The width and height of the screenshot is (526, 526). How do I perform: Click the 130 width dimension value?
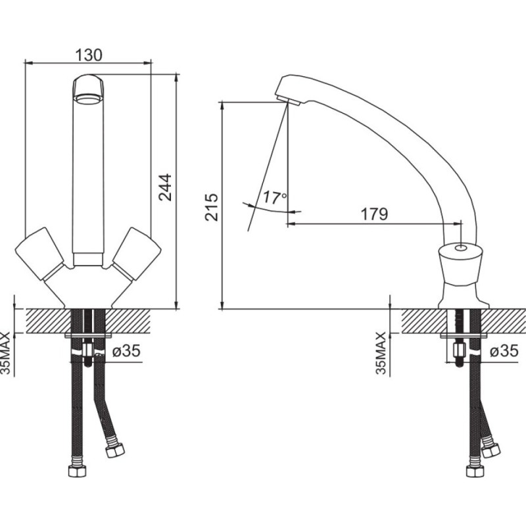(88, 55)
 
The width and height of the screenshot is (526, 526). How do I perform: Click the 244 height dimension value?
(165, 187)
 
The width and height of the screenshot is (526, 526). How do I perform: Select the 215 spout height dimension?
(212, 207)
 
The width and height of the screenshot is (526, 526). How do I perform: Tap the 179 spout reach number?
(374, 214)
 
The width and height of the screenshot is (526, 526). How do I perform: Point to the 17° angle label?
(274, 198)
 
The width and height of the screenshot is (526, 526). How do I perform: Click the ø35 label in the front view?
(126, 351)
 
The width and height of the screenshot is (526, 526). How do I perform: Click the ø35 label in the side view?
(504, 351)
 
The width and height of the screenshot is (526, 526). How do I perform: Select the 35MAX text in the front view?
(6, 353)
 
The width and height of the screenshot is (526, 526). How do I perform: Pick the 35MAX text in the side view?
(381, 353)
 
